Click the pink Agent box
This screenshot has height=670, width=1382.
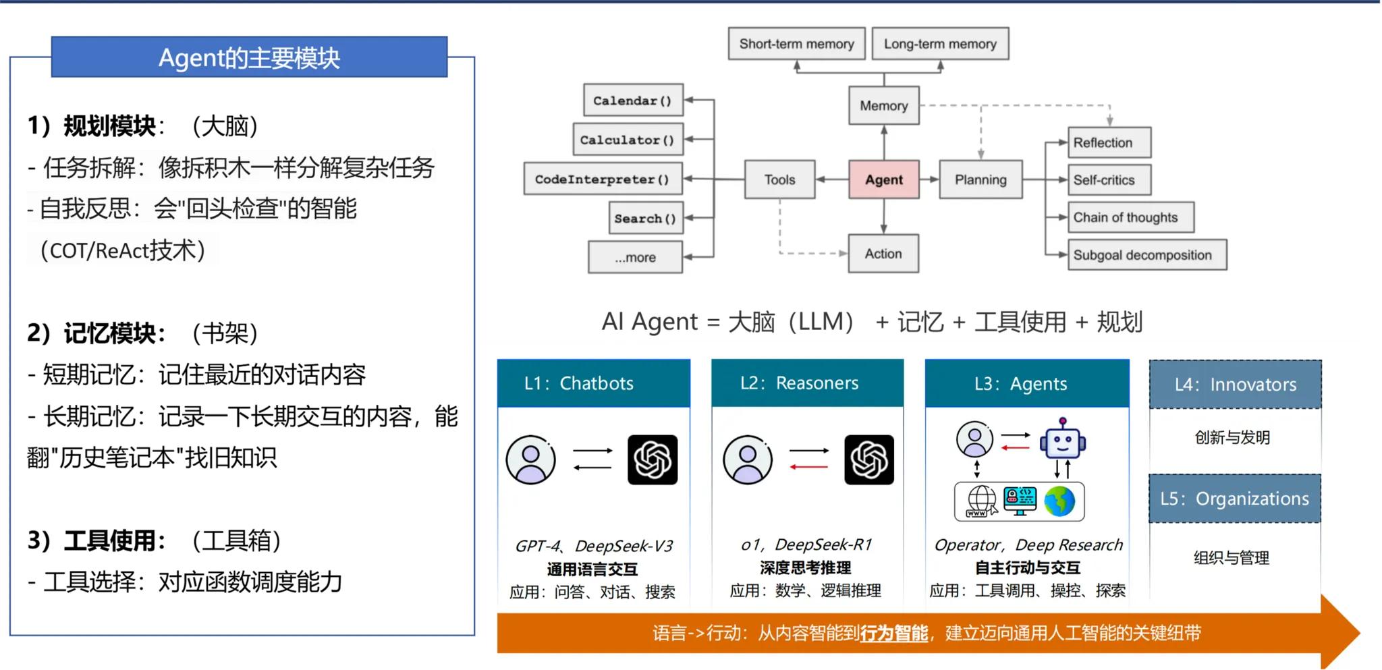coord(883,179)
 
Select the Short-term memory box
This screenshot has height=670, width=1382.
coord(796,44)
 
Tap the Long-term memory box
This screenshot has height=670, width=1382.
coord(940,44)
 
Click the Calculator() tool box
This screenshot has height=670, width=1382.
coord(628,140)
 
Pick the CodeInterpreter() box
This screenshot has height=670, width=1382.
coord(603,179)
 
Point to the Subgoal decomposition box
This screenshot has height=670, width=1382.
coord(1146,255)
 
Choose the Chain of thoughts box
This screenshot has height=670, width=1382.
coord(1130,217)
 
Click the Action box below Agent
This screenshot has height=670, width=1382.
coord(883,254)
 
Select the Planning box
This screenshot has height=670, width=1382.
coord(980,179)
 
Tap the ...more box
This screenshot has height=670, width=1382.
coord(635,257)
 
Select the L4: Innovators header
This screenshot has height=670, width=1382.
coord(1235,385)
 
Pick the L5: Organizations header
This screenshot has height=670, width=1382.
coord(1234,499)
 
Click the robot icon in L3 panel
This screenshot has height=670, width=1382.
coord(1062,439)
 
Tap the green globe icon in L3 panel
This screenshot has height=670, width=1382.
coord(1059,501)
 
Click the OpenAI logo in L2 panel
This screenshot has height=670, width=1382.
coord(868,460)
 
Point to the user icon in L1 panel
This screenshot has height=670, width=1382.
coord(531,460)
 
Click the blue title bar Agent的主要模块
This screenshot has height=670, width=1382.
coord(249,58)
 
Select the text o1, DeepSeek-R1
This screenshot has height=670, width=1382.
coord(806,545)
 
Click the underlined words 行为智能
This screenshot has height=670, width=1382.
coord(894,633)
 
